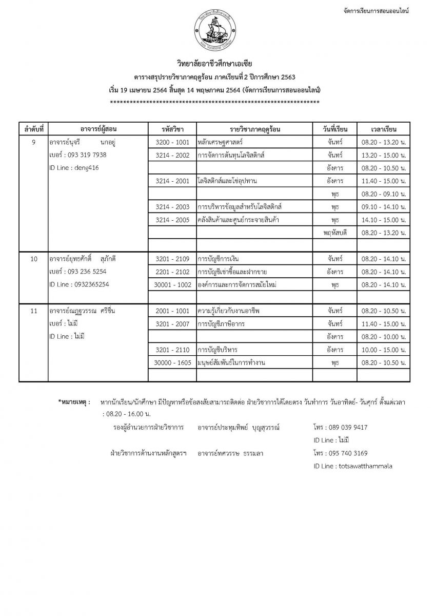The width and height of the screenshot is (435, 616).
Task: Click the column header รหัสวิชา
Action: [x=172, y=128]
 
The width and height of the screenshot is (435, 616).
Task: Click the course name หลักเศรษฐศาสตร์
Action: [x=220, y=141]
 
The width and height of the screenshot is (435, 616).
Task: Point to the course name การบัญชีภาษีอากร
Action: [x=224, y=324]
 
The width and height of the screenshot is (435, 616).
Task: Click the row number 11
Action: [x=34, y=311]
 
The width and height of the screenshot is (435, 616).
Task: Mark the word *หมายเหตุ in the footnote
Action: [x=74, y=401]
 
